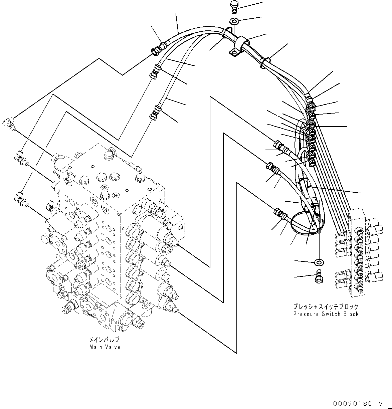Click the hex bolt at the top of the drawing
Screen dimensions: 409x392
[233, 6]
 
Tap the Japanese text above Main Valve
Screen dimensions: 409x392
[104, 340]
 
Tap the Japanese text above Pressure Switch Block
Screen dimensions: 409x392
[326, 306]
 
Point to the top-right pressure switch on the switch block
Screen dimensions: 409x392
[376, 223]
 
